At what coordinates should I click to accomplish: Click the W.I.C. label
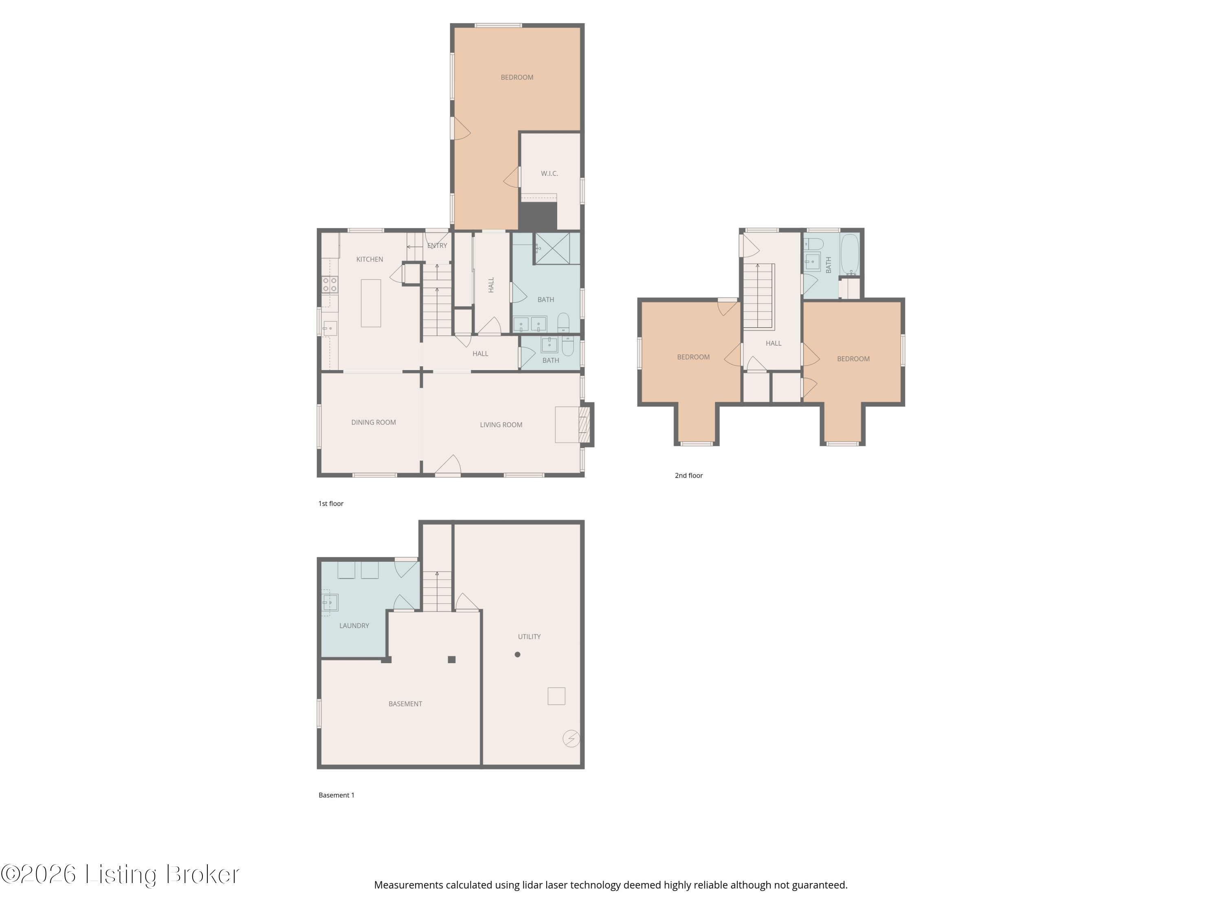tap(549, 173)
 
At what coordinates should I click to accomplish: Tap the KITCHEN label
tap(369, 259)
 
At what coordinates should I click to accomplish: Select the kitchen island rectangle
tap(371, 303)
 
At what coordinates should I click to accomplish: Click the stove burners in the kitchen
tap(330, 285)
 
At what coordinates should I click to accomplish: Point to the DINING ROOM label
tap(374, 423)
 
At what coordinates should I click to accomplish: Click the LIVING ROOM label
tap(501, 425)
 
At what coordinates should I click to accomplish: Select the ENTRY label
tap(437, 246)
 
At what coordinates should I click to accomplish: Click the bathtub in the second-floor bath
tap(850, 254)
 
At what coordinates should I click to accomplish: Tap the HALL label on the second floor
tap(774, 344)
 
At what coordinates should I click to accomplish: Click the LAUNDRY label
tap(354, 626)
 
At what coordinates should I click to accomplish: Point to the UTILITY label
tap(529, 637)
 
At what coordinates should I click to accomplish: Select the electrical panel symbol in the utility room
tap(571, 738)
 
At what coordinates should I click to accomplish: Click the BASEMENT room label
tap(405, 704)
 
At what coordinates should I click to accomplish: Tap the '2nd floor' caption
tap(688, 476)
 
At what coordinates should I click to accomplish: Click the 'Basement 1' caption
tap(336, 795)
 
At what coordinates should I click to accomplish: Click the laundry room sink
tap(330, 603)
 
